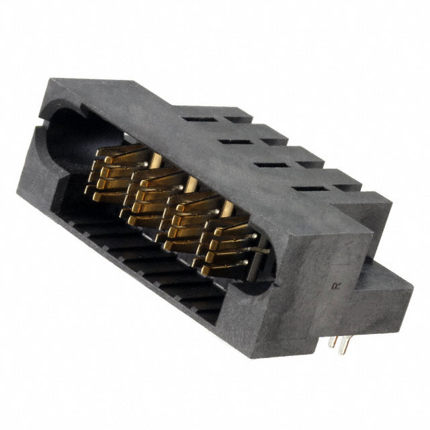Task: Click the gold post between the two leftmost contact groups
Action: point(155,161)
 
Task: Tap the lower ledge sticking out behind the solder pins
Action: point(383,296)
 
